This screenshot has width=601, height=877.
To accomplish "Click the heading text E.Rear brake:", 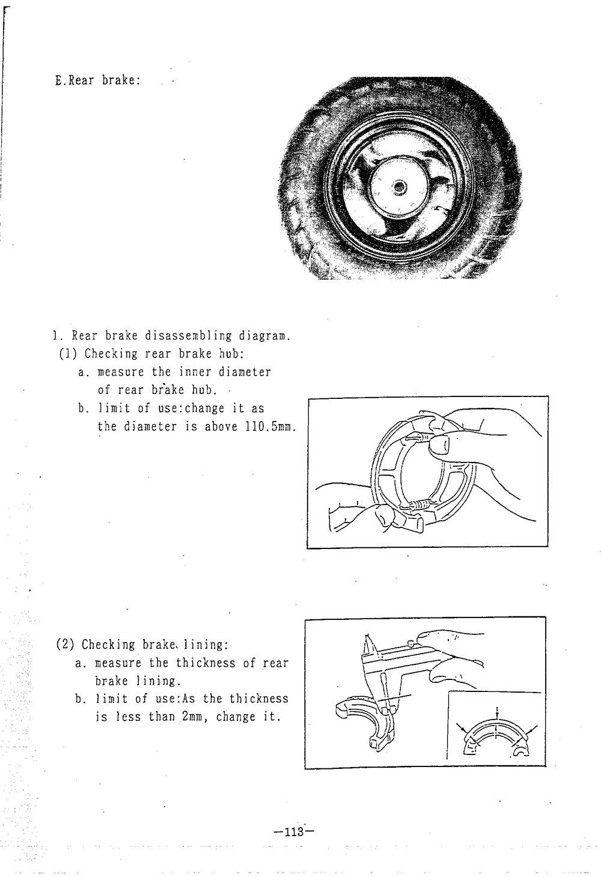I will coord(97,80).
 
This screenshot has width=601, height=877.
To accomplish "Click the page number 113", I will coord(294,832).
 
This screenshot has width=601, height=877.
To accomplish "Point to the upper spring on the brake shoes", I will coord(418,440).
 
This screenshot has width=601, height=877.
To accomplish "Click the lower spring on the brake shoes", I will coord(418,506).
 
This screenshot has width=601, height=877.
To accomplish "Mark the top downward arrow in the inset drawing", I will coord(496,712).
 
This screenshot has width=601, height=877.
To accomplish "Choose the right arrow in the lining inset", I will coord(531,732).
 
